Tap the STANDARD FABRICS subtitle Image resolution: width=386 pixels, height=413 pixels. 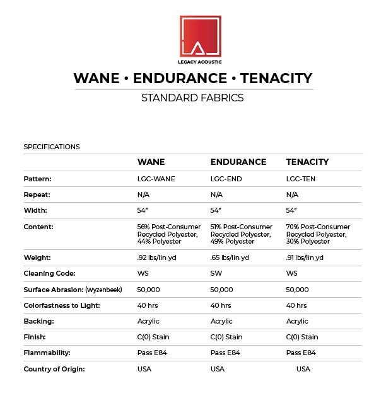(192, 98)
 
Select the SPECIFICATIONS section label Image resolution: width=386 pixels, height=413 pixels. (52, 147)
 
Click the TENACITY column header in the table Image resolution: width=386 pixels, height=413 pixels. (307, 162)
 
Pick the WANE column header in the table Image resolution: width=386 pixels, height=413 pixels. (151, 162)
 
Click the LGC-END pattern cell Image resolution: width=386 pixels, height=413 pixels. (226, 179)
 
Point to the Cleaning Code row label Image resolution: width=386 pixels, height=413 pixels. (49, 273)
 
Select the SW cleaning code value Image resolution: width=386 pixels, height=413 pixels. (216, 273)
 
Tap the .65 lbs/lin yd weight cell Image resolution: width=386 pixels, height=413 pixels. (230, 257)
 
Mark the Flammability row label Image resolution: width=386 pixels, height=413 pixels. (47, 353)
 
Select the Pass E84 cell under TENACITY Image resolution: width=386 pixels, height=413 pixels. (301, 353)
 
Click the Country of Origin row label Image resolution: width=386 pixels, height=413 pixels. (54, 369)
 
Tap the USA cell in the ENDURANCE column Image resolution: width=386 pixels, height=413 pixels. (217, 369)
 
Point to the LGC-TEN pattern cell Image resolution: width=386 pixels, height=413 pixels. (301, 179)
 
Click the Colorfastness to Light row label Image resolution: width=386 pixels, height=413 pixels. (61, 305)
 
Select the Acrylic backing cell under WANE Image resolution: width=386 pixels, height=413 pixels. (148, 321)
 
